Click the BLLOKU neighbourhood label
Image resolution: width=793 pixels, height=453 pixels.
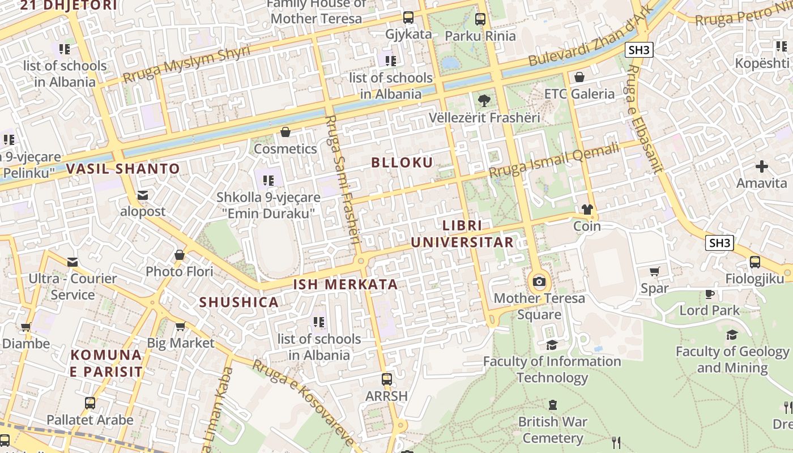402,163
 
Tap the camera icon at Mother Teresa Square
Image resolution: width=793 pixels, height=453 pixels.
539,281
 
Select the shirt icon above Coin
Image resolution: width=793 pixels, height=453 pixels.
587,210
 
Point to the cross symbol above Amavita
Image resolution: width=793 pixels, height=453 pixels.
761,166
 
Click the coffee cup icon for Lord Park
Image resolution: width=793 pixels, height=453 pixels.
709,294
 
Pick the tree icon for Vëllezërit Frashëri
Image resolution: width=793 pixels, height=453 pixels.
484,101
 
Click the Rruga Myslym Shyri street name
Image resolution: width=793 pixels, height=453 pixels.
186,64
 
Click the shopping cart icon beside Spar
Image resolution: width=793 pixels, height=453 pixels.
655,272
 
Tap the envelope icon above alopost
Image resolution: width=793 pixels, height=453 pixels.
143,195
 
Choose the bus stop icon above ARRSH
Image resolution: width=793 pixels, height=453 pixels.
386,379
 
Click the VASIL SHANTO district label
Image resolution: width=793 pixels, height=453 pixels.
123,169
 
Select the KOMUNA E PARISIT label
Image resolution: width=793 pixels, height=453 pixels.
106,363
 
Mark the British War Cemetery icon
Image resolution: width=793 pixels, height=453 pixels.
552,405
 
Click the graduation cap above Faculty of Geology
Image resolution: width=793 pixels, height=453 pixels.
732,335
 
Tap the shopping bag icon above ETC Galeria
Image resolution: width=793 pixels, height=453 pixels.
579,77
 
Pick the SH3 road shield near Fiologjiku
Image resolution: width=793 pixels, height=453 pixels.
719,243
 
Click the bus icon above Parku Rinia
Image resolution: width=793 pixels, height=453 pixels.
480,19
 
